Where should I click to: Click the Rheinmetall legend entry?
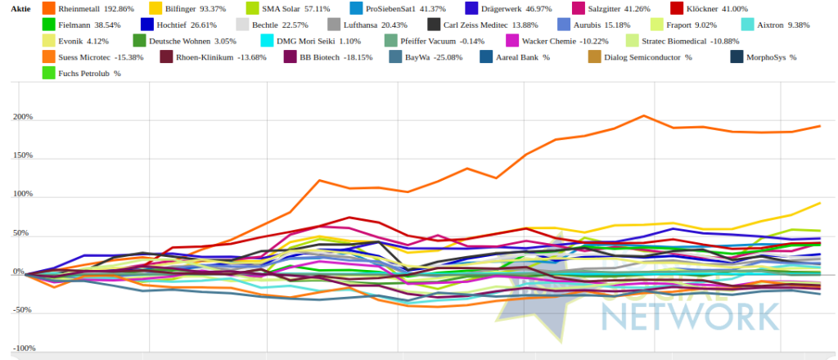pos(90,8)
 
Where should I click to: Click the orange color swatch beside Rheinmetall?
pos(47,8)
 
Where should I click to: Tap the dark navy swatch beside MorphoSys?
pos(737,57)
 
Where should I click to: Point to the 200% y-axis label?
pos(22,117)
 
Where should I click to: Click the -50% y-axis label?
pos(22,310)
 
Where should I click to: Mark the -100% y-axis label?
pos(21,349)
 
